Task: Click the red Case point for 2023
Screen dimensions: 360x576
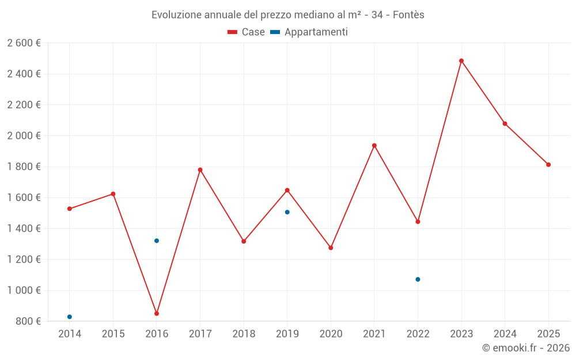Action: (x=461, y=60)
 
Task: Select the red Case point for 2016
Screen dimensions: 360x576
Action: (x=157, y=313)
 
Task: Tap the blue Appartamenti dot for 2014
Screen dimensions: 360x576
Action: (x=70, y=317)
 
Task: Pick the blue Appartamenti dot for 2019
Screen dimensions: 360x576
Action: (x=287, y=212)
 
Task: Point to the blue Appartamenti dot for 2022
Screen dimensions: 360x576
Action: (x=418, y=279)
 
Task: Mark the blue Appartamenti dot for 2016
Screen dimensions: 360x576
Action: (x=157, y=241)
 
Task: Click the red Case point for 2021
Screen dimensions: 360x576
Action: (x=374, y=146)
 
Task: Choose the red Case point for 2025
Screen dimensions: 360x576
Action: (x=548, y=165)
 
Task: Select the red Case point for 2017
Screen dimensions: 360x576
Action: (x=200, y=170)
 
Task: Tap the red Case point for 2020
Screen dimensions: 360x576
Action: (x=331, y=248)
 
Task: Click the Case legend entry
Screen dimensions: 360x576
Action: (x=247, y=32)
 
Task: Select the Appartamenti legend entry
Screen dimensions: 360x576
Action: (x=309, y=32)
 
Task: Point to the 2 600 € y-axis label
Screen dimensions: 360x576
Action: (x=24, y=43)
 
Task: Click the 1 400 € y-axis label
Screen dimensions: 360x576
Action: (x=24, y=229)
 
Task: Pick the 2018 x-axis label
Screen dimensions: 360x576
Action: (x=244, y=334)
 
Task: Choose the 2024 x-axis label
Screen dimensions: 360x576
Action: (x=505, y=334)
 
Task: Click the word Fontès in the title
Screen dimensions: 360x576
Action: (x=409, y=15)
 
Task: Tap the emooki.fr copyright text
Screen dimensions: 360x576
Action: (x=526, y=347)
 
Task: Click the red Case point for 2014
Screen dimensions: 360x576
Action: (x=70, y=209)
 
